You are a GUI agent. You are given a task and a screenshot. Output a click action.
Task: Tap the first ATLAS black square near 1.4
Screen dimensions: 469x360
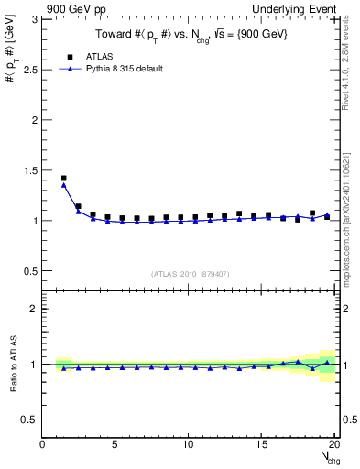point(63,178)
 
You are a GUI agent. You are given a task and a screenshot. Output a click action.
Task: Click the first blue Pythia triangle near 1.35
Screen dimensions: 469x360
point(63,185)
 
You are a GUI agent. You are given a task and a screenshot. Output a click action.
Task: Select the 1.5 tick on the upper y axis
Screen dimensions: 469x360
point(29,170)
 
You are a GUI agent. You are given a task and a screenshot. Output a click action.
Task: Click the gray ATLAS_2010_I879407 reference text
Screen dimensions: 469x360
point(190,273)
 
